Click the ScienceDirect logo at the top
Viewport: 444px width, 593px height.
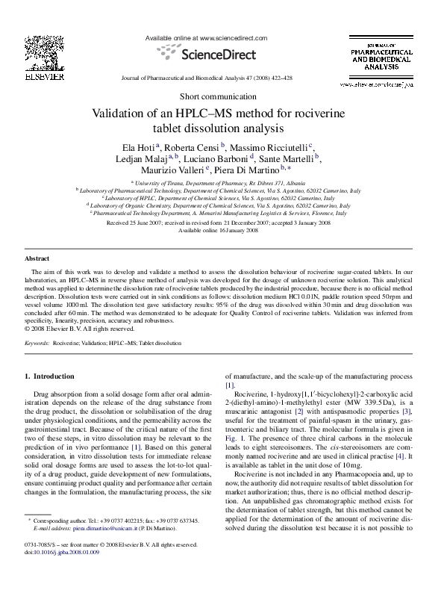[206, 53]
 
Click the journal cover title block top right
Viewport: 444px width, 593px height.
[381, 55]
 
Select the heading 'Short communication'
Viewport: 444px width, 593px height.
[222, 97]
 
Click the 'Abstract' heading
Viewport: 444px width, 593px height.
[37, 258]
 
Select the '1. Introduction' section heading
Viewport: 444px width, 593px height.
[50, 376]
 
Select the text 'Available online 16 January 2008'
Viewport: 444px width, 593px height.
[222, 230]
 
